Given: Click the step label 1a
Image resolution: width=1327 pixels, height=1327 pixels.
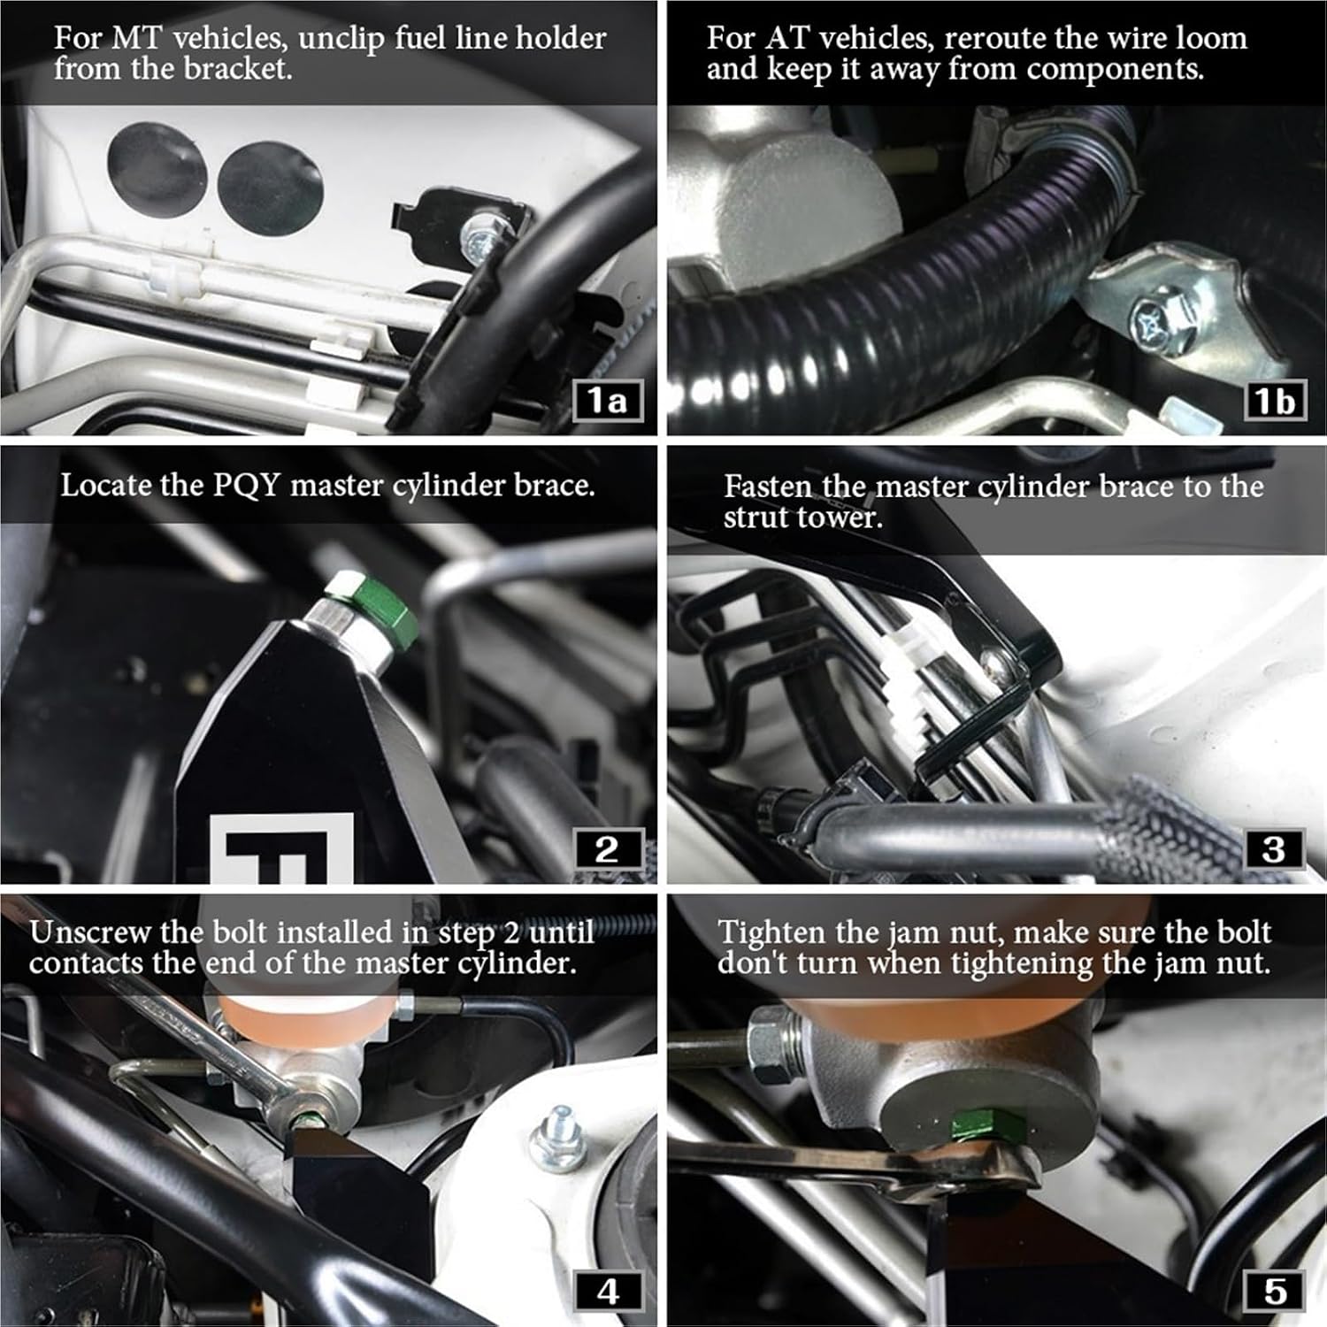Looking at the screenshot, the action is coord(606,401).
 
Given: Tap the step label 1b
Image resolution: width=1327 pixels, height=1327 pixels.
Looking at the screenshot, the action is coord(1273,401).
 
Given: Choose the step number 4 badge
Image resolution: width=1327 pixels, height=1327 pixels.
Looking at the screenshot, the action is coord(606,1292).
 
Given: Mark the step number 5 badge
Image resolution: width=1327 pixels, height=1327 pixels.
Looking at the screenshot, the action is coord(1273,1292).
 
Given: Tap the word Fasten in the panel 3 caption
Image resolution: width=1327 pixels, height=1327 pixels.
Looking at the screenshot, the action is coord(767,486).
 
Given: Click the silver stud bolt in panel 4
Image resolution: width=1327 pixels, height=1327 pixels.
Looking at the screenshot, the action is coord(556,1141).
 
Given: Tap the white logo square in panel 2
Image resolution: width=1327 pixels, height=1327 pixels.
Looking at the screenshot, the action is coord(282,848).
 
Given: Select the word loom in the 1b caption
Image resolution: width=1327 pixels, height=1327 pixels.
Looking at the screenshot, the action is coord(1209,38).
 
